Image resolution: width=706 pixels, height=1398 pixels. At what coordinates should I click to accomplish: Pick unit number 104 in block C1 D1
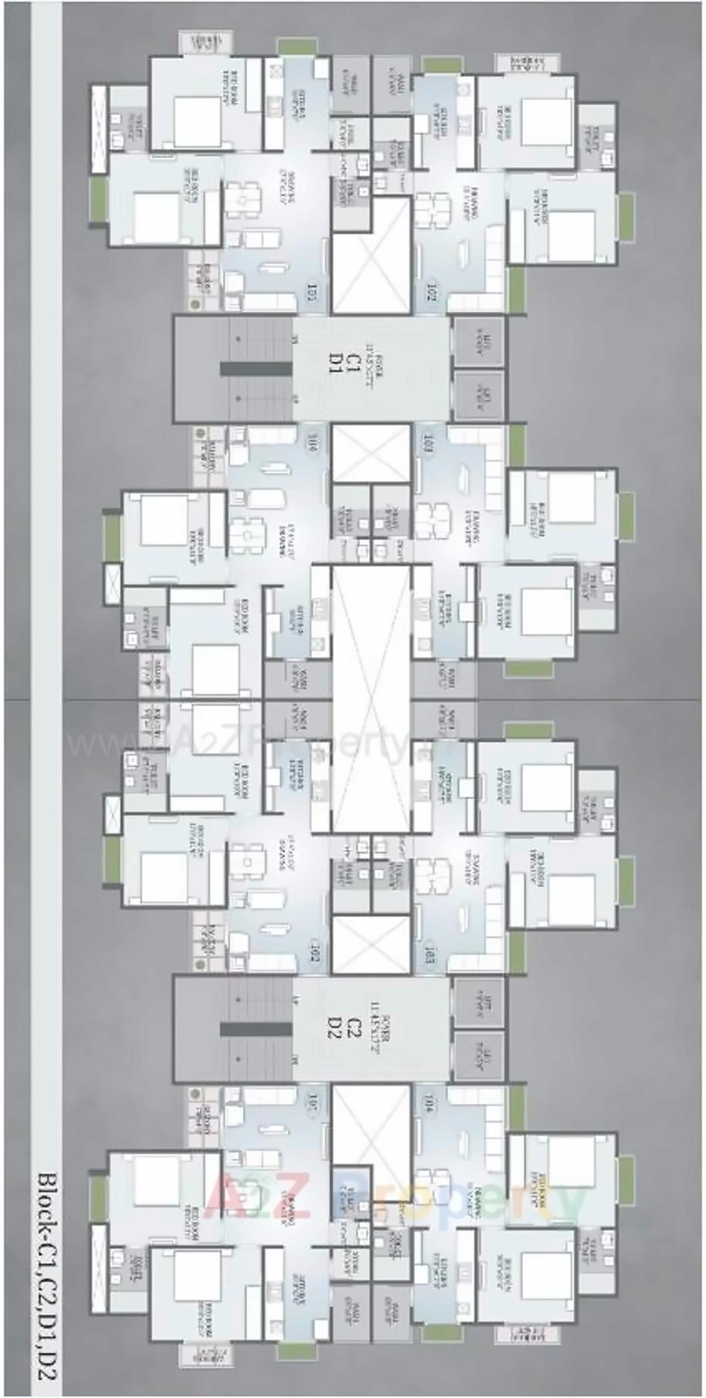pyautogui.click(x=313, y=444)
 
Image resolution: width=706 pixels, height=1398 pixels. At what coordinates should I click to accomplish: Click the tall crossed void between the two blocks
pyautogui.click(x=371, y=699)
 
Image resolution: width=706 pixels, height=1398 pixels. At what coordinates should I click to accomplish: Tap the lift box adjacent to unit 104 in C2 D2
pyautogui.click(x=478, y=1053)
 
